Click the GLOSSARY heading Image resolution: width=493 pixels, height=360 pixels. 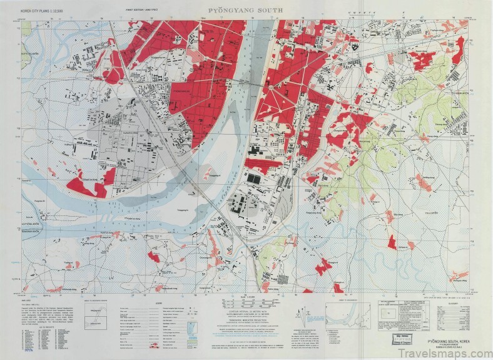click(449, 301)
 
